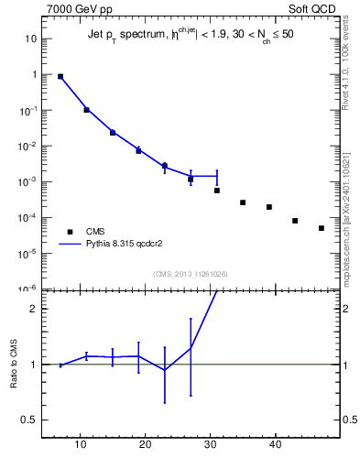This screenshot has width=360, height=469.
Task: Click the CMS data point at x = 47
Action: point(322,228)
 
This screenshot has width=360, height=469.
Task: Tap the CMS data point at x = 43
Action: point(295,221)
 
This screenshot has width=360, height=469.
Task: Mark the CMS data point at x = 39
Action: point(269,207)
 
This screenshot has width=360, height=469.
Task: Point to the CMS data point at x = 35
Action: point(243,202)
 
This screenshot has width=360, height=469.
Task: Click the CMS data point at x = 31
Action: point(217,191)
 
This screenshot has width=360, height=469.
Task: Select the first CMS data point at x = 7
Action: point(60,77)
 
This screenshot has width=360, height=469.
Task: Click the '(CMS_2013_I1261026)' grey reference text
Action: point(191,273)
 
